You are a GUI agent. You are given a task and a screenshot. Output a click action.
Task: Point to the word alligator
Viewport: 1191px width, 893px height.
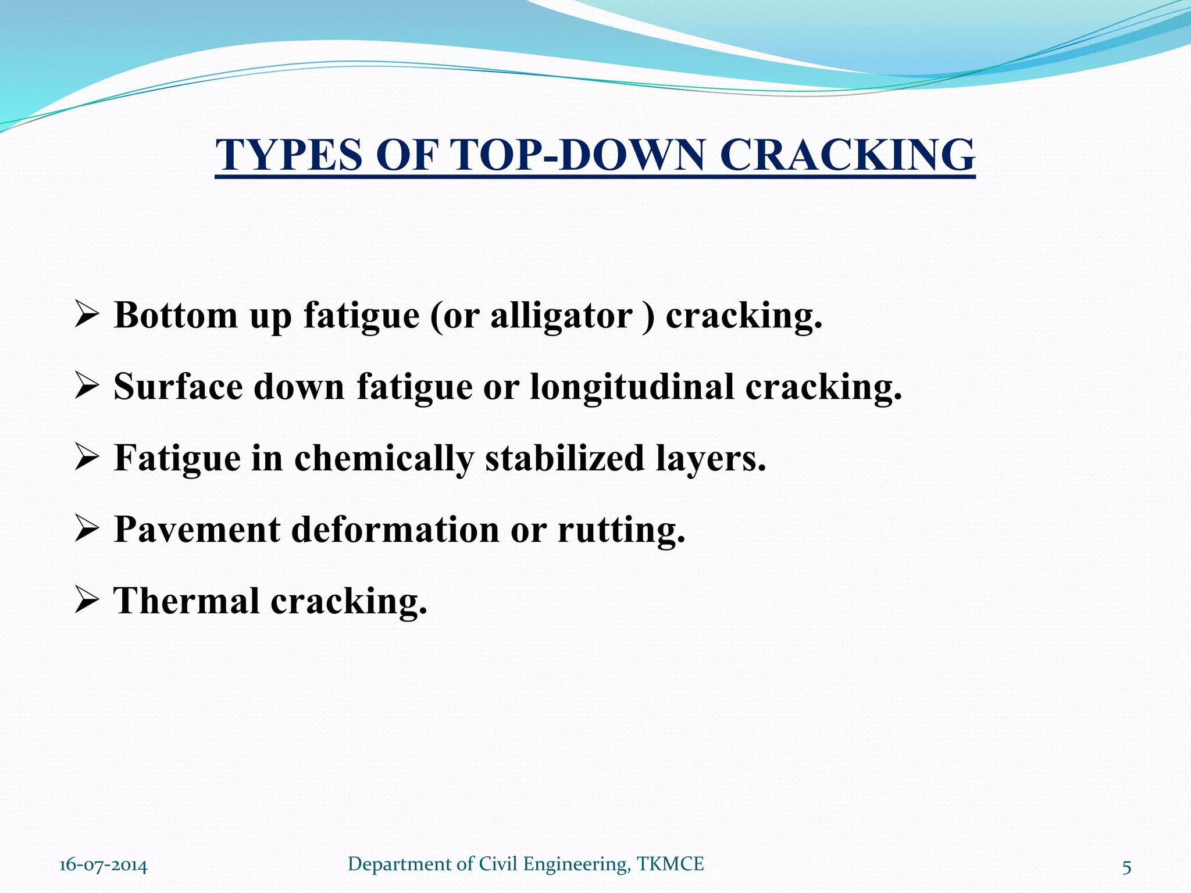click(561, 316)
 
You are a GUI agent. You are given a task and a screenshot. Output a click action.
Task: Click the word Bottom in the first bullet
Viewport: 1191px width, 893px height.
click(176, 316)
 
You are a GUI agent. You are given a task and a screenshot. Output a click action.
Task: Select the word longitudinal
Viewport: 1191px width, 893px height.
click(632, 387)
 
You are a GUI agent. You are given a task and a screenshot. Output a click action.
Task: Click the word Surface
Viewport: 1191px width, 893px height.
click(177, 387)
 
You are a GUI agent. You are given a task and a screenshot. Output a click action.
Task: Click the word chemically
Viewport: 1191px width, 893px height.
click(384, 459)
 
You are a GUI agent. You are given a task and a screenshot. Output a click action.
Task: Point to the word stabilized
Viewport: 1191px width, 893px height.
click(565, 458)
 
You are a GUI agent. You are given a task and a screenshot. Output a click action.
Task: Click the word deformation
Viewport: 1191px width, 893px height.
click(395, 530)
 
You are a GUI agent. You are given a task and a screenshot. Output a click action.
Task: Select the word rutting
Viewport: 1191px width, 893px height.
click(621, 530)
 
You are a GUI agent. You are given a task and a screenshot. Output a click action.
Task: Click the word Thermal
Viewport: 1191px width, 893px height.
click(186, 601)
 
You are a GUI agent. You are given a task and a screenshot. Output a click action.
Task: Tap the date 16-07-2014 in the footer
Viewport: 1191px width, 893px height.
click(103, 865)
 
